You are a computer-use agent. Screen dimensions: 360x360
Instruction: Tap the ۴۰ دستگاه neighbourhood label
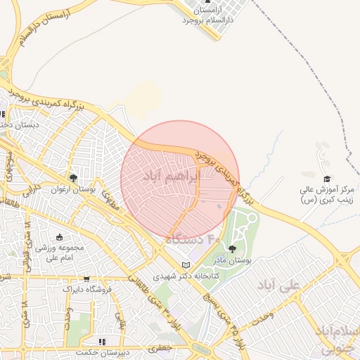pos(194,240)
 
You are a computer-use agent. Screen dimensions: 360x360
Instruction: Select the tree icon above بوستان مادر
pos(232,249)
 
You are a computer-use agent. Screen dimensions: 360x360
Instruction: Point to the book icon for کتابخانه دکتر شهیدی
pos(186,265)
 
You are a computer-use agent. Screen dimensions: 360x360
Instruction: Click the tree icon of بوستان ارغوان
pos(73,178)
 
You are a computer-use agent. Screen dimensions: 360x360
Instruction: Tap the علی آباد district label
pos(278,284)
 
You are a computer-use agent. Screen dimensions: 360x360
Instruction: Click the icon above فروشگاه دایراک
pos(86,279)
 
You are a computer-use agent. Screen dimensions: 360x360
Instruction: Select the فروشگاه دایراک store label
pos(86,289)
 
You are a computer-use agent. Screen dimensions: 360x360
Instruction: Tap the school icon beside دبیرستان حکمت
pos(103,342)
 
